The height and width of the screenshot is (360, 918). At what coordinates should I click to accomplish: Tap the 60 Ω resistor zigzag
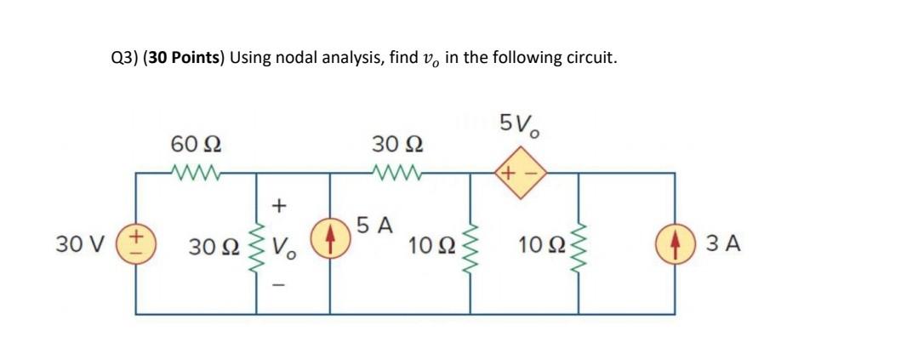pos(197,172)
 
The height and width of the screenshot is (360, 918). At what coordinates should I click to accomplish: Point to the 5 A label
pos(373,226)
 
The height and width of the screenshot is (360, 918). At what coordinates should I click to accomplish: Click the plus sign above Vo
pos(280,205)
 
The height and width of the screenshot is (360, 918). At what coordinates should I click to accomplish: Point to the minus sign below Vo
pos(280,286)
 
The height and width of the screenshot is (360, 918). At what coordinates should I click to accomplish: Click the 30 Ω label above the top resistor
pos(397,144)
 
